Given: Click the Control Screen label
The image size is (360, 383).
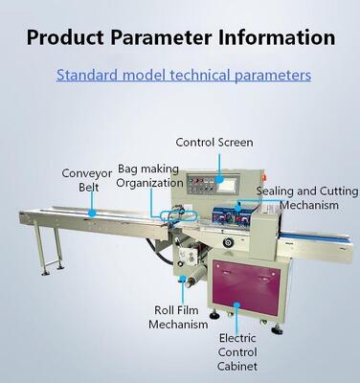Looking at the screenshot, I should point(214,143).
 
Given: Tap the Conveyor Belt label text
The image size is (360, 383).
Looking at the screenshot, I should point(87,180).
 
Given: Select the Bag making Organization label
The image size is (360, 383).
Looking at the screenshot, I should point(149,175).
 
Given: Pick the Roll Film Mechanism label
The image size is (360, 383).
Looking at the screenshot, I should point(178,317).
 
